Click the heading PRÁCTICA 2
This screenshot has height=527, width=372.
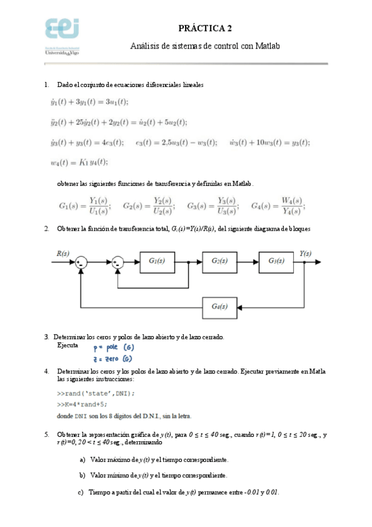[x=205, y=29]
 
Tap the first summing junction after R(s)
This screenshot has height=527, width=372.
[x=81, y=262]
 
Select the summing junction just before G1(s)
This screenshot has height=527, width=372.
[x=119, y=262]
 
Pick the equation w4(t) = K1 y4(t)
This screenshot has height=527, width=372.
[x=79, y=163]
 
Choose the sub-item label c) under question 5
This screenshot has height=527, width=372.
[x=81, y=492]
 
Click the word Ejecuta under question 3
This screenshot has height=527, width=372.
[x=68, y=345]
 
